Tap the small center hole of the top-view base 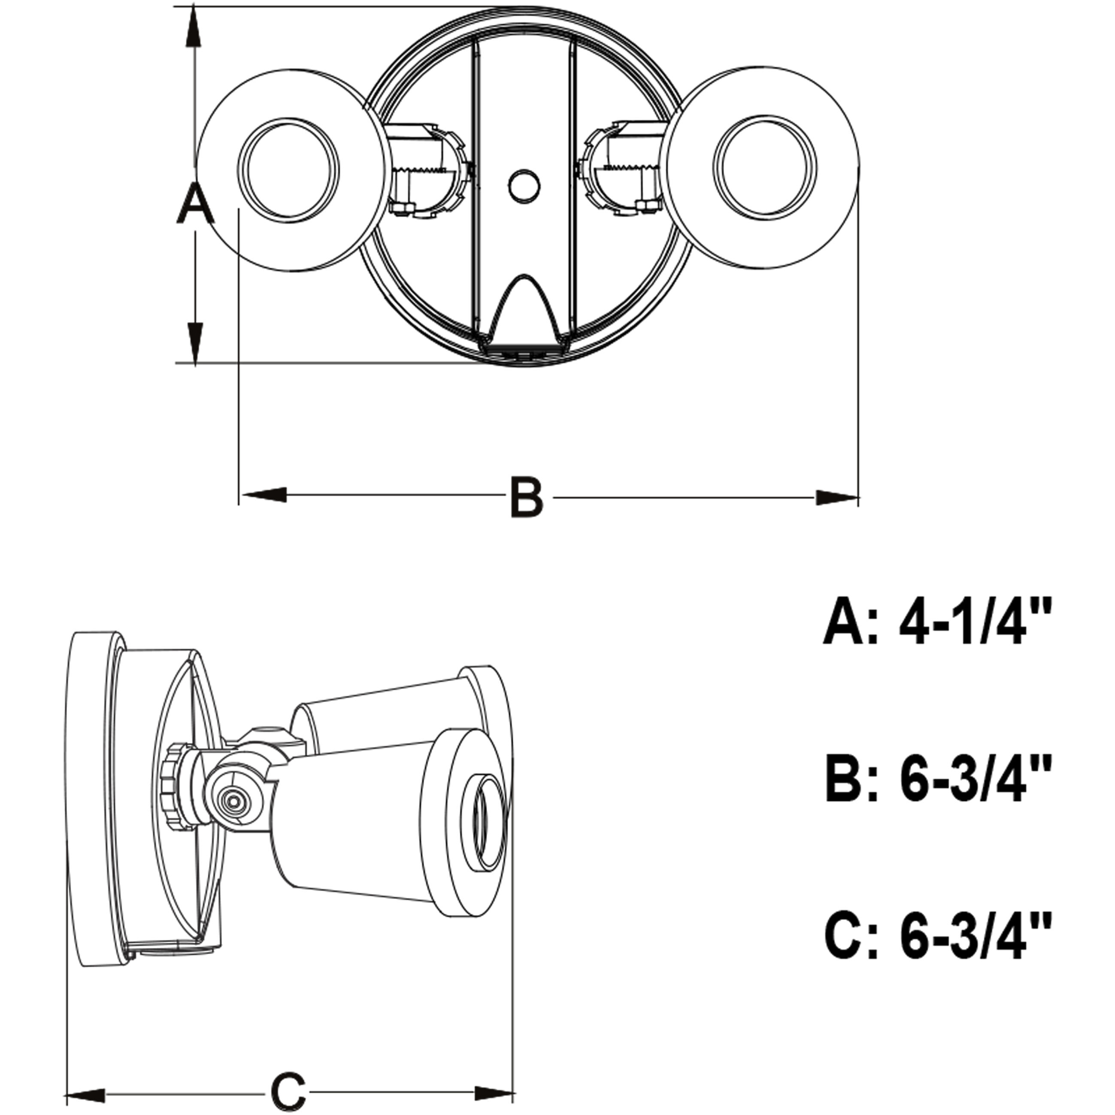(x=524, y=186)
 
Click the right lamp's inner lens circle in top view (x=765, y=171)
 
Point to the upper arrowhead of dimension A (x=195, y=29)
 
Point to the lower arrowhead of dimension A (x=195, y=343)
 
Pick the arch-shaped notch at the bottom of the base (x=524, y=309)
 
